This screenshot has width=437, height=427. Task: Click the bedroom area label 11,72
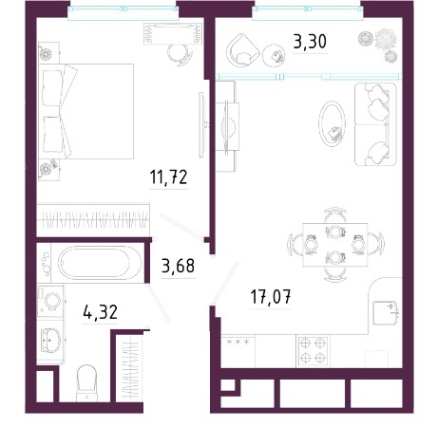click(x=168, y=176)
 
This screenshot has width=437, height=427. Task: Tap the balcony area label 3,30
click(x=310, y=42)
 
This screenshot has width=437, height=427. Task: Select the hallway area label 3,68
click(x=178, y=266)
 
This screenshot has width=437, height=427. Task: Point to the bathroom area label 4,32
click(x=100, y=311)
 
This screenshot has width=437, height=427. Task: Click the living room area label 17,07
click(x=271, y=296)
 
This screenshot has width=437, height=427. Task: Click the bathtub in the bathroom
click(x=95, y=263)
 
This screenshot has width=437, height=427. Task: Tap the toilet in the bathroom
click(x=86, y=382)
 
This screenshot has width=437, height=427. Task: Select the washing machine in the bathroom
click(x=50, y=301)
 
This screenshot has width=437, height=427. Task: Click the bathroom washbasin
click(x=50, y=340)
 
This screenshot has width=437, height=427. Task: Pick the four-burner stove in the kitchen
click(x=313, y=350)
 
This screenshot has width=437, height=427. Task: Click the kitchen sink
click(x=385, y=313)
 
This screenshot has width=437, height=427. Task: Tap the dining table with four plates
click(x=335, y=245)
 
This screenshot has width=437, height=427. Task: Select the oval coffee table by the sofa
click(x=332, y=123)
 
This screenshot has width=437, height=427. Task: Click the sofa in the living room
click(x=375, y=124)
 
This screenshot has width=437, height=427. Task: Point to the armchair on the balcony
click(x=242, y=50)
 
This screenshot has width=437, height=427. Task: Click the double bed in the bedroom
click(x=85, y=111)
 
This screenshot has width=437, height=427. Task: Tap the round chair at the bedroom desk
click(x=180, y=54)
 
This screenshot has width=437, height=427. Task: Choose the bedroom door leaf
click(x=180, y=226)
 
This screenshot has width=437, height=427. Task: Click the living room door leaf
click(x=225, y=283)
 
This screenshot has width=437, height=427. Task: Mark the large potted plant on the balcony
click(x=386, y=40)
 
